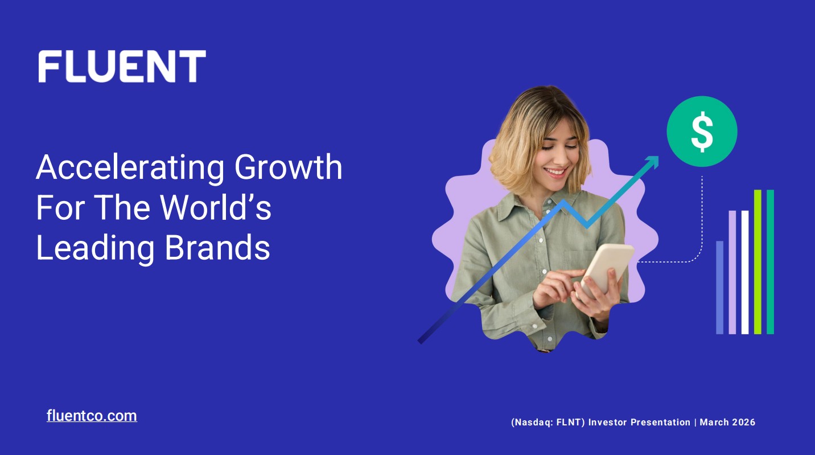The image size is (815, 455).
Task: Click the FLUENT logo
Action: coord(122,66)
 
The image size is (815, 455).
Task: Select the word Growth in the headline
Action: coord(289,168)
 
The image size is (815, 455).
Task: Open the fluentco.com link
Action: coord(92,416)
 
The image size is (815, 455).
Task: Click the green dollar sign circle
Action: coord(702,132)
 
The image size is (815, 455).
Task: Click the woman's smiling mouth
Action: coord(555,170)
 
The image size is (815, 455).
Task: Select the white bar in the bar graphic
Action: coord(745,272)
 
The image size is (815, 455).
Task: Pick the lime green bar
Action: coord(758,262)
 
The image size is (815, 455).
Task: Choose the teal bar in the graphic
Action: coord(770,262)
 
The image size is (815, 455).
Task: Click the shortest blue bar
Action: coord(720,288)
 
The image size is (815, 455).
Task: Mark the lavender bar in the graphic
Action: coord(732,272)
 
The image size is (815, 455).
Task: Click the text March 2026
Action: coord(727,423)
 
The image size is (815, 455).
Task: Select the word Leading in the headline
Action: coord(94,248)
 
